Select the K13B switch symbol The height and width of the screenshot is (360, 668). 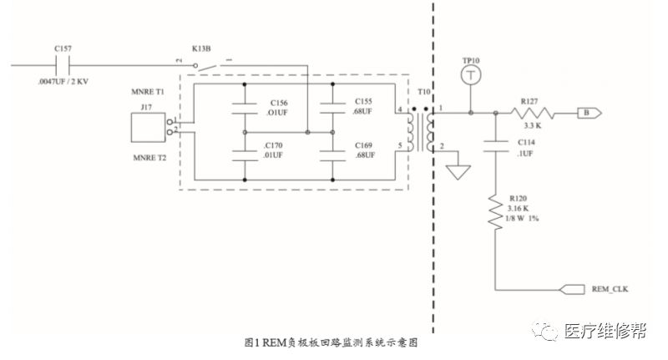pyautogui.click(x=200, y=63)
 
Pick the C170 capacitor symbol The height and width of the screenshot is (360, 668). pyautogui.click(x=245, y=155)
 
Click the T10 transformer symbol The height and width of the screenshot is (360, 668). pyautogui.click(x=422, y=131)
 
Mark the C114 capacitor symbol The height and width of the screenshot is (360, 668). pyautogui.click(x=496, y=147)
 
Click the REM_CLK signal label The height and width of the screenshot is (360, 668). pyautogui.click(x=609, y=289)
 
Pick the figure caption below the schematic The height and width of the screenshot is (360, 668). pyautogui.click(x=330, y=342)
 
